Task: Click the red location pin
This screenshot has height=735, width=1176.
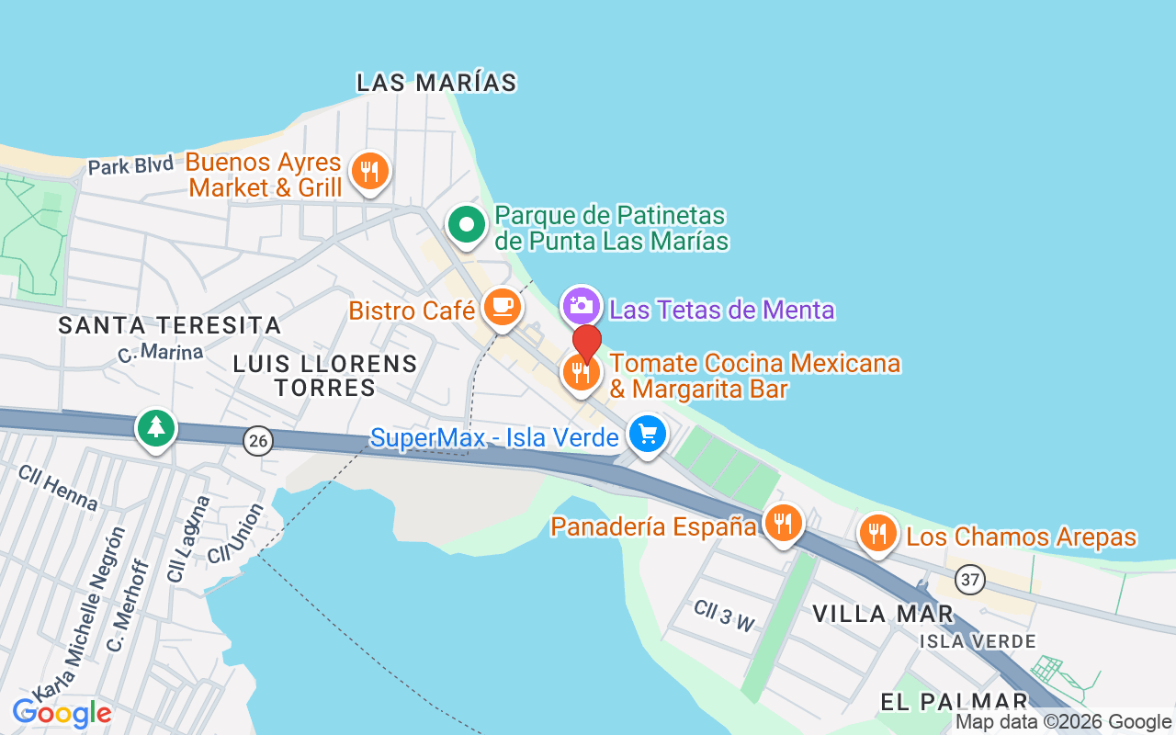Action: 587,344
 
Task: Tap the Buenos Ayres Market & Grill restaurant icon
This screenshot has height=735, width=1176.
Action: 369,171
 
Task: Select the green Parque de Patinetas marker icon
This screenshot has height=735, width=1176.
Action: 467,224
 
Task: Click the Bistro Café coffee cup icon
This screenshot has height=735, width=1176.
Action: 502,306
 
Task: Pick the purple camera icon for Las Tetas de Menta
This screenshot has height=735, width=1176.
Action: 582,305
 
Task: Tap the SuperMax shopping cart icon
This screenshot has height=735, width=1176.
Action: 648,435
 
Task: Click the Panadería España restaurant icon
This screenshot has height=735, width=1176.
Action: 782,524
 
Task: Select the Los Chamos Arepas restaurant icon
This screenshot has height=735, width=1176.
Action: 877,533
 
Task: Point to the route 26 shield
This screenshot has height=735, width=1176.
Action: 259,441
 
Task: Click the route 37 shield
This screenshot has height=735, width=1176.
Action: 969,580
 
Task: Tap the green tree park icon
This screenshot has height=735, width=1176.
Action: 156,428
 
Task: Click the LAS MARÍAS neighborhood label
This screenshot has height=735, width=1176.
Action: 436,83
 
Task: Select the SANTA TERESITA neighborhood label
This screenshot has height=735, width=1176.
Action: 170,325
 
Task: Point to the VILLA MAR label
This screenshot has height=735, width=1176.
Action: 883,614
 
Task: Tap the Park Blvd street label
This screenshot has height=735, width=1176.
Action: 130,165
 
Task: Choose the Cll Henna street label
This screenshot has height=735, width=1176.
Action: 58,487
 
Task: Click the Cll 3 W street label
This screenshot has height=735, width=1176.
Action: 724,616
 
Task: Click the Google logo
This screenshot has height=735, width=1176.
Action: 62,713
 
